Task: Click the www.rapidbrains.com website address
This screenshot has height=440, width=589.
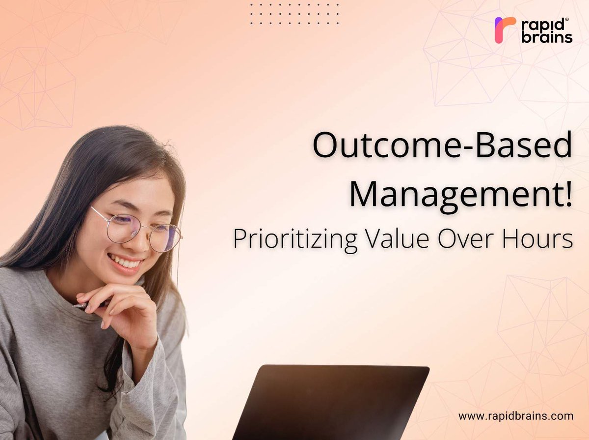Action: click(516, 416)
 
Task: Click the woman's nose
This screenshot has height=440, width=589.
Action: click(139, 240)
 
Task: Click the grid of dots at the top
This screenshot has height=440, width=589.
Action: click(294, 14)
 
